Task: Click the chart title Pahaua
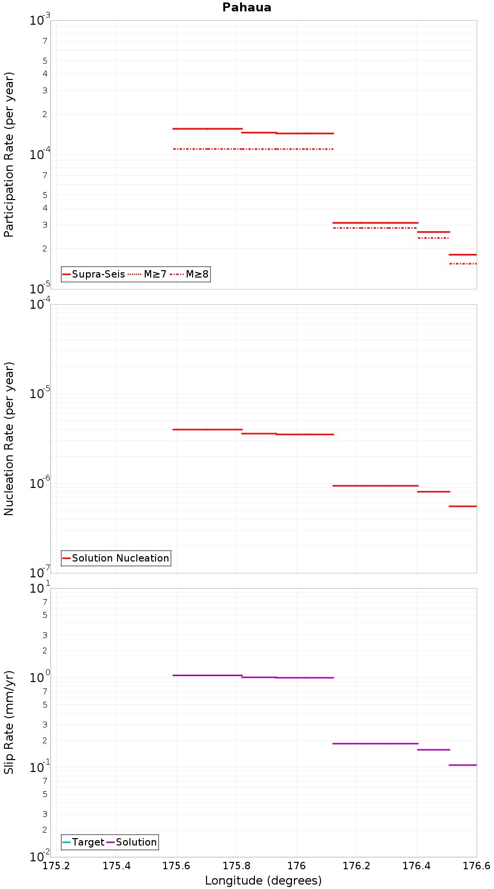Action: pyautogui.click(x=247, y=7)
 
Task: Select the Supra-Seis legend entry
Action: pyautogui.click(x=94, y=274)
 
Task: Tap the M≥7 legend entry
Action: pyautogui.click(x=148, y=274)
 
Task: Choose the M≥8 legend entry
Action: pyautogui.click(x=190, y=274)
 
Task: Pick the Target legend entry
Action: pyautogui.click(x=83, y=842)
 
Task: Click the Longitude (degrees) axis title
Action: pyautogui.click(x=263, y=881)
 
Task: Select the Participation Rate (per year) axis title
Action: pyautogui.click(x=9, y=155)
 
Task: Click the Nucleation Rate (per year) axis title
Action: pyautogui.click(x=9, y=439)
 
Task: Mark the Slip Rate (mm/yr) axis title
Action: pyautogui.click(x=9, y=722)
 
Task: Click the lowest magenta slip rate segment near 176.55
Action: pyautogui.click(x=463, y=765)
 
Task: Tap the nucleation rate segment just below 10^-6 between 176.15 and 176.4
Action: pyautogui.click(x=375, y=485)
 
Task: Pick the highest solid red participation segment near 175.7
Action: pyautogui.click(x=207, y=128)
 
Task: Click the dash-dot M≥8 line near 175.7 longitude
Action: pyautogui.click(x=207, y=149)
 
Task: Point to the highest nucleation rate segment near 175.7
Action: pyautogui.click(x=207, y=429)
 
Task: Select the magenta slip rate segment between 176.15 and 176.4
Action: pyautogui.click(x=375, y=743)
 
